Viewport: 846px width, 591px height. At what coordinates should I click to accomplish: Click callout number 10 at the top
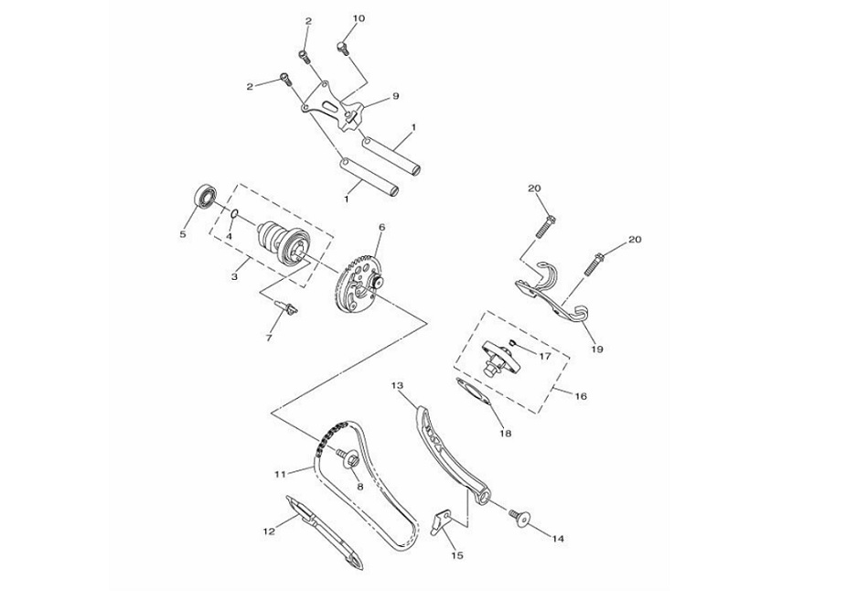tap(358, 18)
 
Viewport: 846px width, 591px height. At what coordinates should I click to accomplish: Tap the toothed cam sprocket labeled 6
tap(358, 282)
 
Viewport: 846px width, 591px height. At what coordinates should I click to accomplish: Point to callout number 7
tap(269, 338)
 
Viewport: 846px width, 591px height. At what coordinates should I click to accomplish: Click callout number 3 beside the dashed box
tap(235, 274)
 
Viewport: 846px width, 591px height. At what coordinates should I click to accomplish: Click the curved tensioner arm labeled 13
tap(448, 448)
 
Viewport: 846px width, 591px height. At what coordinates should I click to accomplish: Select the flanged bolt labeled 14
tap(519, 518)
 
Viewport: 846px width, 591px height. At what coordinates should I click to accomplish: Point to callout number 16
tap(581, 396)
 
